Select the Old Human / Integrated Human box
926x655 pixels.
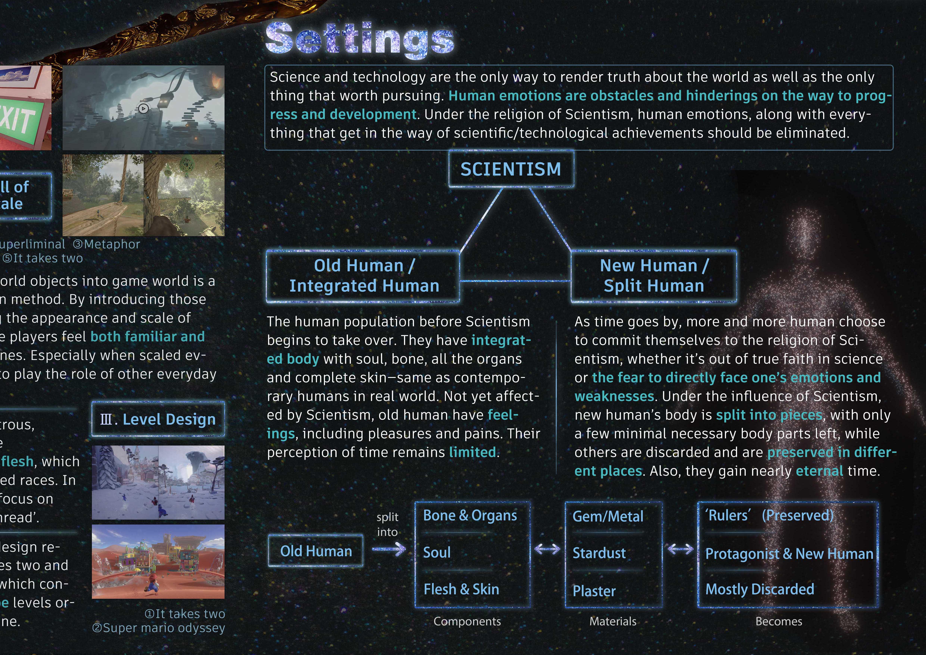(x=363, y=276)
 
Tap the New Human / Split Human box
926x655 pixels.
(x=654, y=276)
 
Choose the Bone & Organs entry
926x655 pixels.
(x=470, y=516)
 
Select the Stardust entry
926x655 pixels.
(x=599, y=553)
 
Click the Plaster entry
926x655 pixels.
(x=594, y=591)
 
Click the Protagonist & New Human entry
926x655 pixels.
(x=789, y=554)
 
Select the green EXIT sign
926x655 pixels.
(x=20, y=117)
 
